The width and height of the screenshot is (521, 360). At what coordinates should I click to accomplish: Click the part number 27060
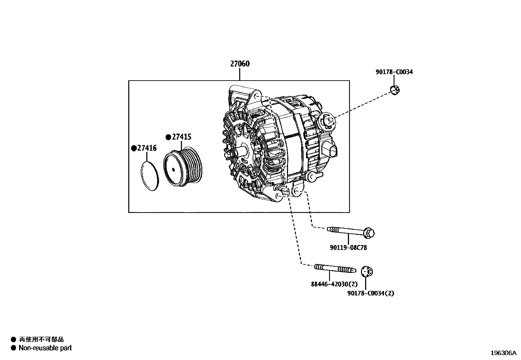(x=240, y=64)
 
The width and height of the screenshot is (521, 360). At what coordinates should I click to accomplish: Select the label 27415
(x=182, y=137)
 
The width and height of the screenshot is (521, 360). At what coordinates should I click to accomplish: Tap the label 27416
(x=147, y=148)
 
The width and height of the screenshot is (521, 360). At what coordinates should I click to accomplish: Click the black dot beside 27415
(x=168, y=137)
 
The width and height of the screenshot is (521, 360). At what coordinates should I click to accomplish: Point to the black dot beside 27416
(x=134, y=148)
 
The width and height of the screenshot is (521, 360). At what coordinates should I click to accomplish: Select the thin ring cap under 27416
(x=150, y=176)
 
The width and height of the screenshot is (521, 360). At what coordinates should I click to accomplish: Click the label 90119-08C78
(x=348, y=248)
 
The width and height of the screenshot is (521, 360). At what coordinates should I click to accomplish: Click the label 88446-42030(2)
(x=334, y=284)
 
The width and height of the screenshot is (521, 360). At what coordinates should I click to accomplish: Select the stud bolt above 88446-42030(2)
(x=334, y=269)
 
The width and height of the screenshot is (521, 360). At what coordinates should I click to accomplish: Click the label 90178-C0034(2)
(x=370, y=293)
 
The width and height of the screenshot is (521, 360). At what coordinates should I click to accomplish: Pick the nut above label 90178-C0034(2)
(x=367, y=272)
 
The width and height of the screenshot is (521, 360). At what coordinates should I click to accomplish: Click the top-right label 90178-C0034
(x=394, y=72)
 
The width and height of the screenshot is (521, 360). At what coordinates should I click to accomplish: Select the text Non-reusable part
(x=45, y=348)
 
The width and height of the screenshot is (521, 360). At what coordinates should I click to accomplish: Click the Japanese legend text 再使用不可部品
(x=41, y=339)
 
